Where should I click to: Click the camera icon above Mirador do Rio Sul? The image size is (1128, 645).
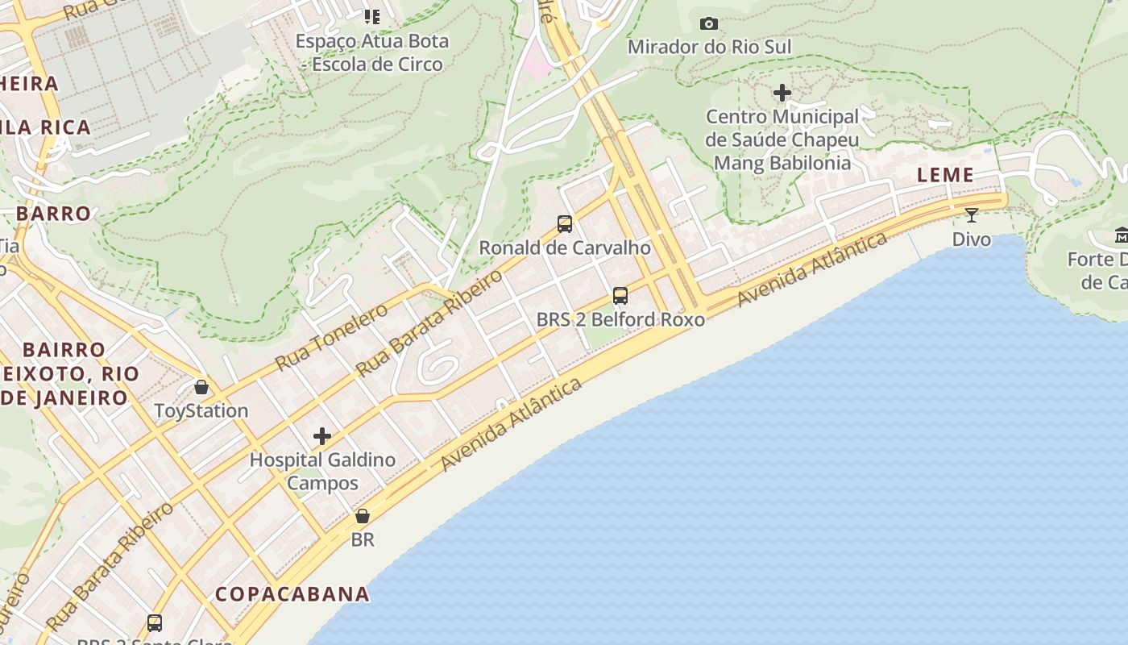tap(709, 23)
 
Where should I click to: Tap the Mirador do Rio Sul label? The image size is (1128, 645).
tap(709, 47)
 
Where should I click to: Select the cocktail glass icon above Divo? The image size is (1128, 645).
tap(972, 214)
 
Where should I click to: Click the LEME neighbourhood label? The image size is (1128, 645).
tap(945, 175)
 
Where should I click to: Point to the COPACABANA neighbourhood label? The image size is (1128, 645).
tap(292, 594)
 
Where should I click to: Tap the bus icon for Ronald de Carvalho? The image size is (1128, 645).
tap(565, 223)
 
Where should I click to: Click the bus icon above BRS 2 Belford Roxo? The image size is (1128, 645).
tap(620, 295)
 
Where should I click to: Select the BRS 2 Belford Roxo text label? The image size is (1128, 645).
tap(620, 319)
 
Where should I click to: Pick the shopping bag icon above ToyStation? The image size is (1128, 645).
tap(201, 387)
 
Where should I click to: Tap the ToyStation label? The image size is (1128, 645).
tap(201, 410)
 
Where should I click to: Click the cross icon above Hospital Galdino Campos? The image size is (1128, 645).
tap(322, 436)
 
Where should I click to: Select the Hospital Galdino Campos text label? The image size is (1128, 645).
tap(322, 472)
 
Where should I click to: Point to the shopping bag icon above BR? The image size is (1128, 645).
tap(363, 516)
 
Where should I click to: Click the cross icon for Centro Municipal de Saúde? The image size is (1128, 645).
tap(782, 93)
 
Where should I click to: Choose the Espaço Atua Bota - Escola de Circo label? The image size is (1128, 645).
tap(372, 52)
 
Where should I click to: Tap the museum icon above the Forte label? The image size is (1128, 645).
tap(1121, 235)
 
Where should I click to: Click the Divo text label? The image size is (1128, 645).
tap(972, 239)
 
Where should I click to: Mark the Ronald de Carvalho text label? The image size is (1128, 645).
tap(565, 248)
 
